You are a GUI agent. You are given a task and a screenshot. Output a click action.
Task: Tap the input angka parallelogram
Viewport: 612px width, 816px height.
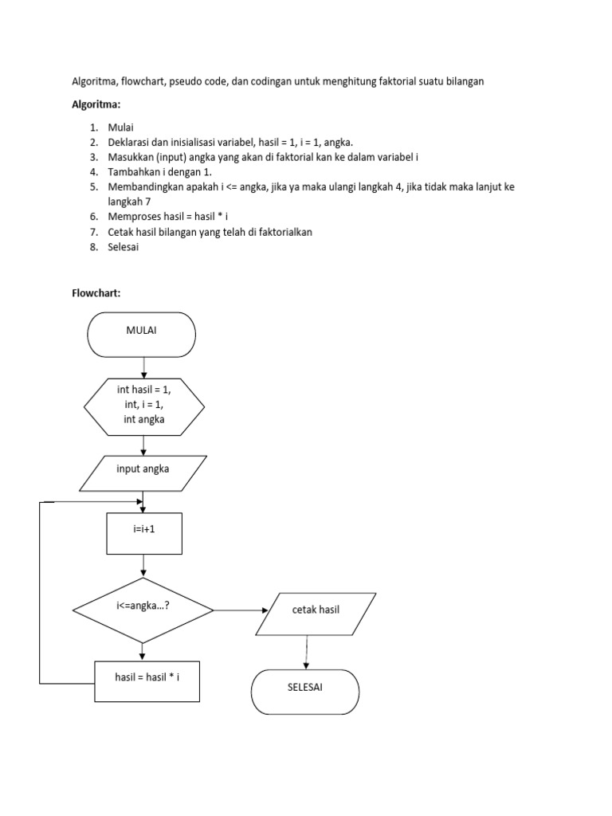click(x=143, y=473)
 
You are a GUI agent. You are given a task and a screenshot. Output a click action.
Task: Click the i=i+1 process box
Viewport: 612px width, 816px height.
click(x=143, y=533)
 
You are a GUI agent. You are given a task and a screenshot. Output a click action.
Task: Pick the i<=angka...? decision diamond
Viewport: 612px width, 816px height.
click(x=143, y=610)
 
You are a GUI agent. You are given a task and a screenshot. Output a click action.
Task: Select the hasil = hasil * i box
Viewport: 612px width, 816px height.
click(x=147, y=682)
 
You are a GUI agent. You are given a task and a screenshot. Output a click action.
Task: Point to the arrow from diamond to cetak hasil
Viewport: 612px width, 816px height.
click(x=241, y=610)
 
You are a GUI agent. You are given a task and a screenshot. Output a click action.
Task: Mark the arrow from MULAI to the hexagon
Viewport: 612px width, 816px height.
click(x=143, y=367)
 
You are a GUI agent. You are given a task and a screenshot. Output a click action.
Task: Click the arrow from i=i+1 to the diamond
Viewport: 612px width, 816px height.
click(x=143, y=566)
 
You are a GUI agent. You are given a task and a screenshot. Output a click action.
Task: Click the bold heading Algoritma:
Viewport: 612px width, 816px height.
click(x=96, y=104)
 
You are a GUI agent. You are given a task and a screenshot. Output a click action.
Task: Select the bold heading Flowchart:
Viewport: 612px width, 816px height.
click(x=96, y=293)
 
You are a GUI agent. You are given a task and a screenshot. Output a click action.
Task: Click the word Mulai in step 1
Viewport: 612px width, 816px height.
click(x=121, y=127)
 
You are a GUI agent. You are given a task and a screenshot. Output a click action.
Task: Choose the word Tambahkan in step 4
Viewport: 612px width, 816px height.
click(x=135, y=172)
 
